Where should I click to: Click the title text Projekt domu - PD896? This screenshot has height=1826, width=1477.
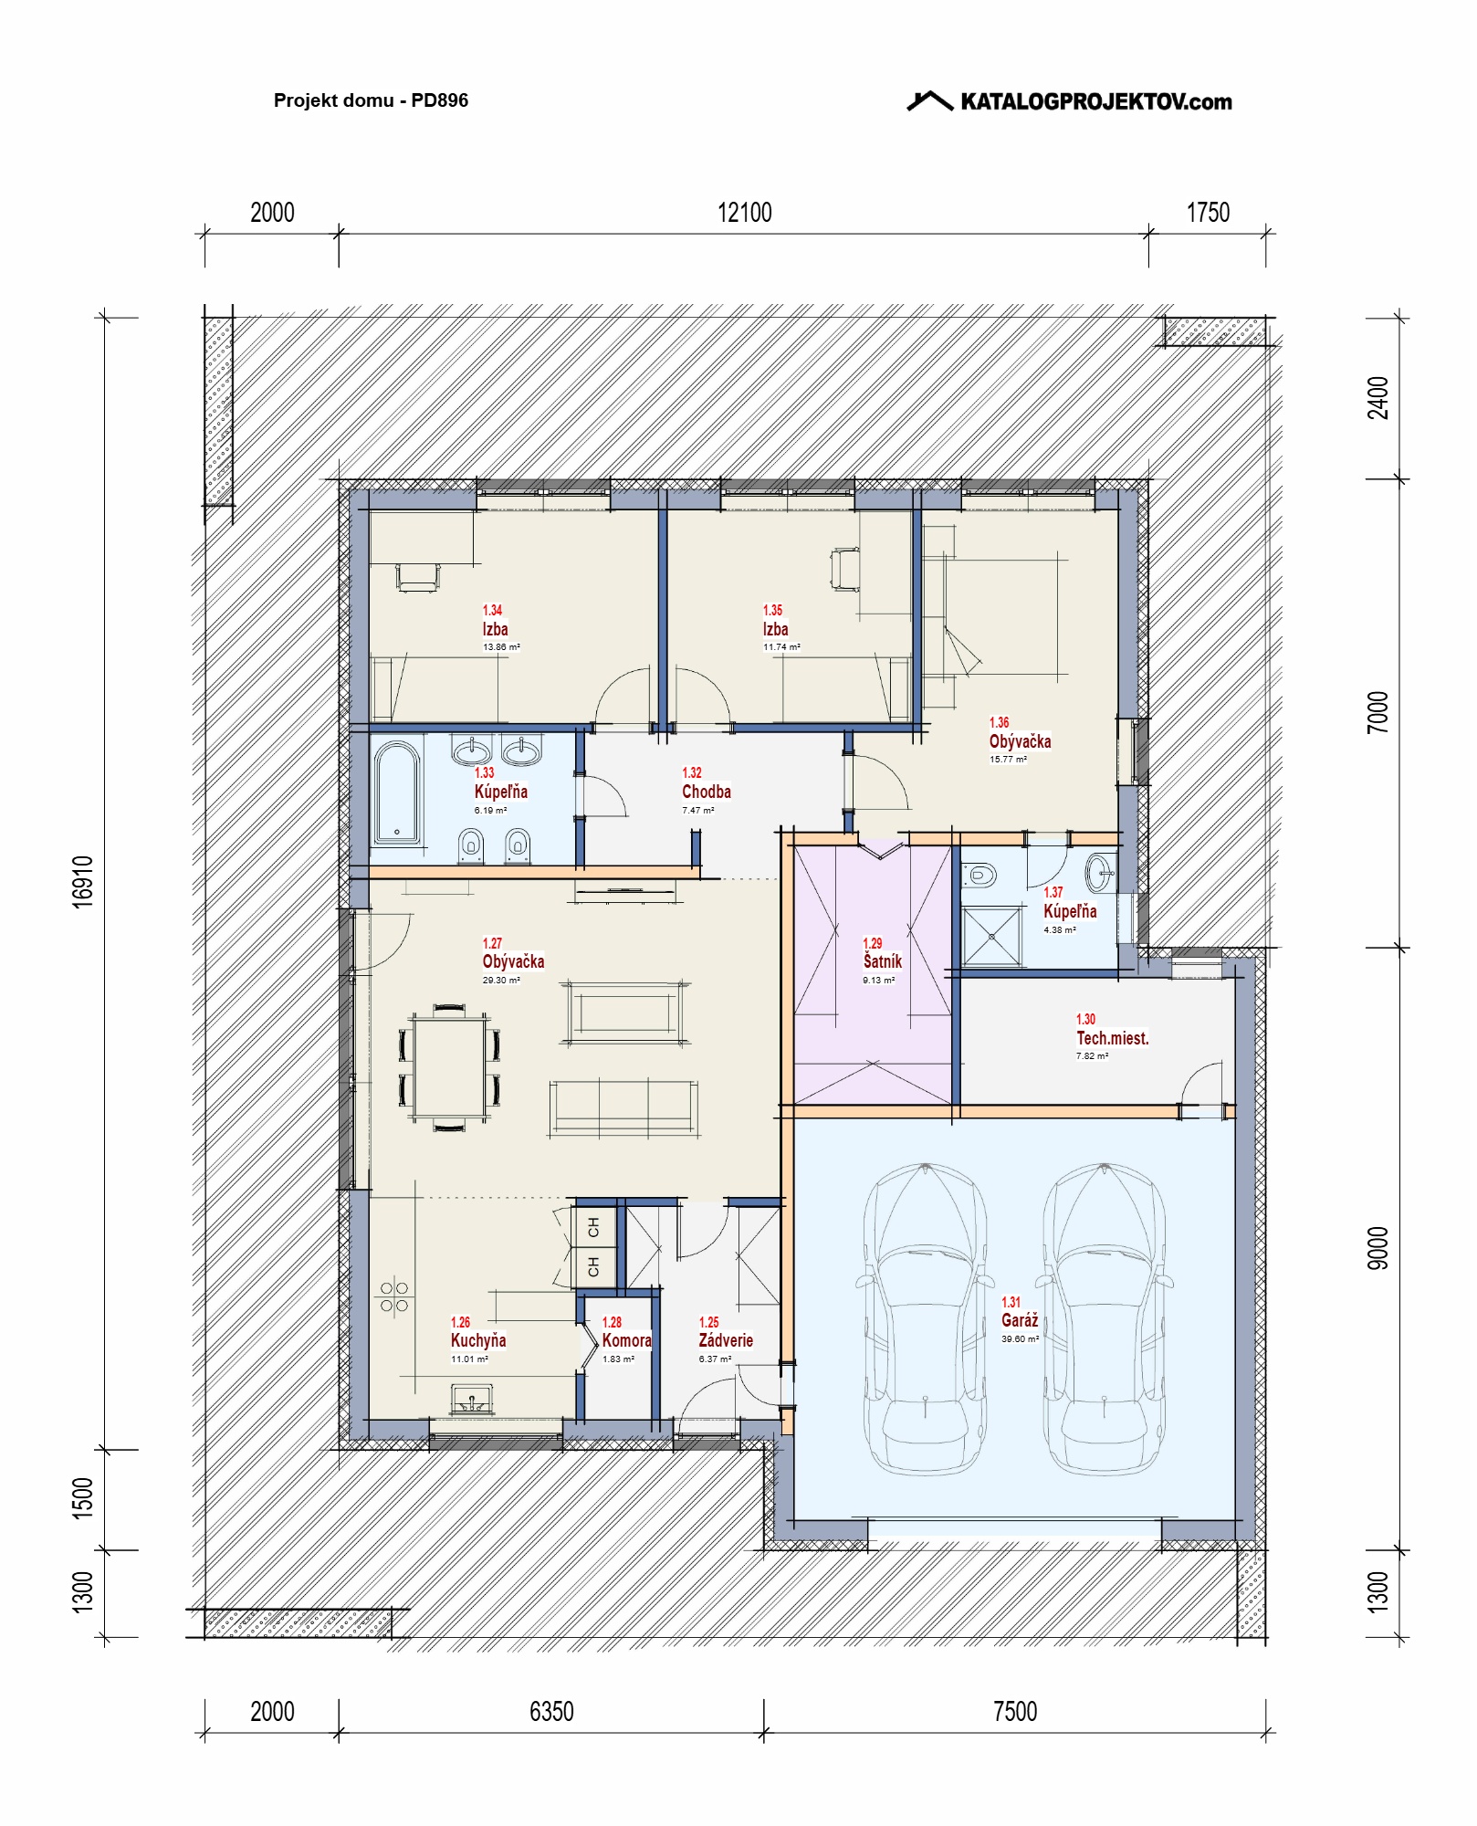371,100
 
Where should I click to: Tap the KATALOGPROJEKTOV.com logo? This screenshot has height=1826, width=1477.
1069,100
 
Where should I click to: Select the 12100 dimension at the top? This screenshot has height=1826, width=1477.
744,213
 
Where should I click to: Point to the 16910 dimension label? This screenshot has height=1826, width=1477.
83,881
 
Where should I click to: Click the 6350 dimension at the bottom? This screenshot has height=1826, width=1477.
551,1711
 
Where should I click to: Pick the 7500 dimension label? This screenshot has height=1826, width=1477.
1015,1711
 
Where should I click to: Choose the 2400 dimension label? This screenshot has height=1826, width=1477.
1377,398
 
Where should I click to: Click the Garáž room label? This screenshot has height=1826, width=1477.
1020,1320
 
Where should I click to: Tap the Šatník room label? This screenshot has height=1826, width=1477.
883,960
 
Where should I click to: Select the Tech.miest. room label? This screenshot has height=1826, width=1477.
1112,1038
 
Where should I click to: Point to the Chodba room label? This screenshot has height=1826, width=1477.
707,792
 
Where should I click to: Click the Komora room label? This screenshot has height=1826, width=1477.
626,1340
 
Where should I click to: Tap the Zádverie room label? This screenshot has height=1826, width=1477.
726,1340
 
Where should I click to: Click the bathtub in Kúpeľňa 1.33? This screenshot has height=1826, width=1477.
397,792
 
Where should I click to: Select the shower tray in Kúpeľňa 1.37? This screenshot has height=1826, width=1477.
992,936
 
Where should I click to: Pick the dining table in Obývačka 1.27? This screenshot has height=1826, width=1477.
449,1067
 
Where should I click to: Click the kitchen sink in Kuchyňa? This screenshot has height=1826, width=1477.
472,1398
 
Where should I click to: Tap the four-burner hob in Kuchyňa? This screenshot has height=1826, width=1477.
394,1296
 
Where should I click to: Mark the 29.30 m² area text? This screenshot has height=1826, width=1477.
501,981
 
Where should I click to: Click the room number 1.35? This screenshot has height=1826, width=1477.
772,610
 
